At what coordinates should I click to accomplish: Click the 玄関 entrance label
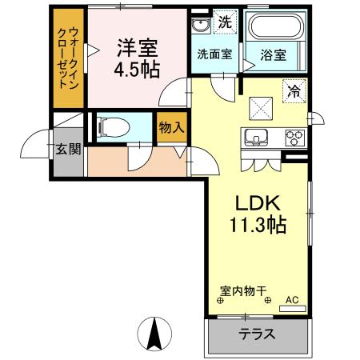67,150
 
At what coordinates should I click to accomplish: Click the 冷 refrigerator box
294,92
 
